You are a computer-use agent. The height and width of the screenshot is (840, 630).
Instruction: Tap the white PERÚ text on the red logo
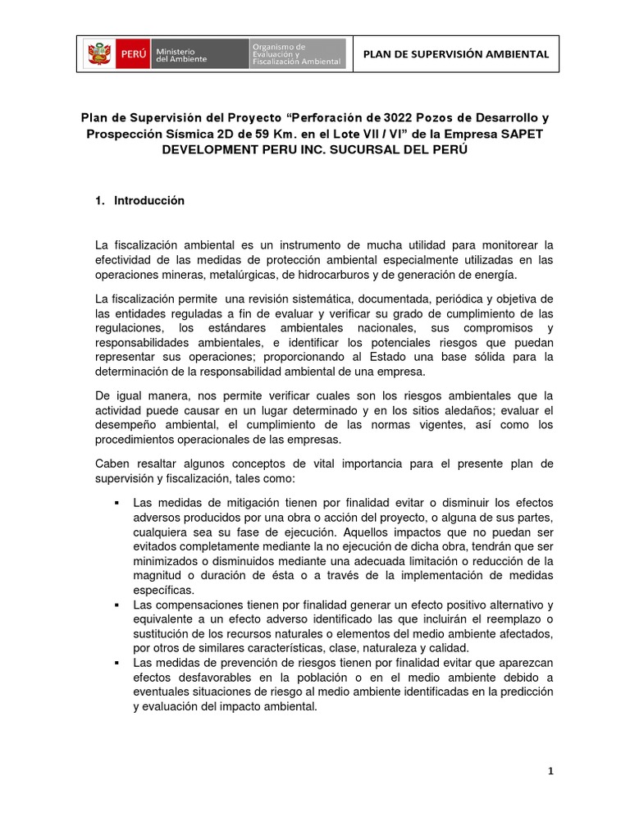(x=133, y=55)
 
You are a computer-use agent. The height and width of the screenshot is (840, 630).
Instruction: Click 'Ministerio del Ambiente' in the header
(x=182, y=54)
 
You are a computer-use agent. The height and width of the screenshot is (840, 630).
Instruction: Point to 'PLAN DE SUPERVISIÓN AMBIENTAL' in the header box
(x=455, y=54)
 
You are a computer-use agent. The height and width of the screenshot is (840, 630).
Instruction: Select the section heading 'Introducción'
(x=149, y=200)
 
